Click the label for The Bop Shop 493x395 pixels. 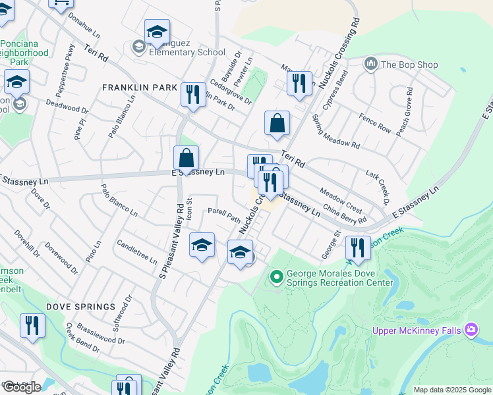tap(409, 65)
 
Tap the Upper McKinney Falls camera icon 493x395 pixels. tap(471, 329)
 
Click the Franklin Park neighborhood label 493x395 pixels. tap(139, 88)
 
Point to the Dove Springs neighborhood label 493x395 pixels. tap(80, 307)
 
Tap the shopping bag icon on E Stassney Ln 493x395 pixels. tap(187, 159)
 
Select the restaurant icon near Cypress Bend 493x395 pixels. tap(299, 84)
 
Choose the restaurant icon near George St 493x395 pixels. tap(358, 248)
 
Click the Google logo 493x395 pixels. tap(22, 387)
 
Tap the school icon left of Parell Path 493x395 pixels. tap(202, 246)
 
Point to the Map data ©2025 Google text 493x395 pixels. tap(452, 390)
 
